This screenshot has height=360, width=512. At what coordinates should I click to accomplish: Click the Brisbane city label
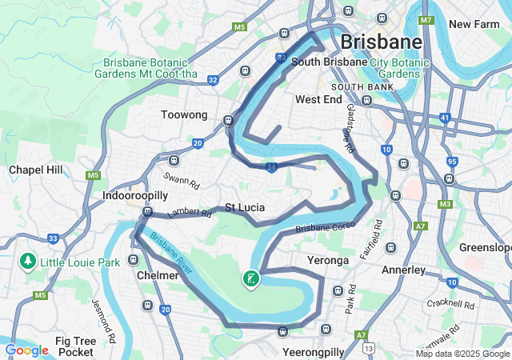381,42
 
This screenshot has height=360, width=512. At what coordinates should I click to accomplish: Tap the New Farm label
474,24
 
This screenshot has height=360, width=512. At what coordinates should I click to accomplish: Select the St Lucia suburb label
244,207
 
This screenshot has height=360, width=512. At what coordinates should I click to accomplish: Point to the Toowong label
184,114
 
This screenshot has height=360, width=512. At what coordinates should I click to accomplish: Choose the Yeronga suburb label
328,260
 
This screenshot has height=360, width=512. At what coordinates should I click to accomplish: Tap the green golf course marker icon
251,279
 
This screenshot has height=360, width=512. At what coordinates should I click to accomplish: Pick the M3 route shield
444,204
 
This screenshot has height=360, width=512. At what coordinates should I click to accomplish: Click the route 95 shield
452,162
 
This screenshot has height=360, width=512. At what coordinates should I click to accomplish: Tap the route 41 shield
444,118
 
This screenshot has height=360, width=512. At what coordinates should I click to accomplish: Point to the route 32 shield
212,79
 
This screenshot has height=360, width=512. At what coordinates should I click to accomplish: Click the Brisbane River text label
170,254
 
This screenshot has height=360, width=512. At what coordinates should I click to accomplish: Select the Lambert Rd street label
190,214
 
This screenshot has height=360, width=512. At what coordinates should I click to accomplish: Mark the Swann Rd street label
182,182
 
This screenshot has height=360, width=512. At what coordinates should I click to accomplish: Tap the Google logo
26,350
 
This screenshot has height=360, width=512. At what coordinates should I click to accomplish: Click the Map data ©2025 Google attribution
462,354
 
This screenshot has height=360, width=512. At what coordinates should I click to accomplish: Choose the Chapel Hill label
35,170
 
